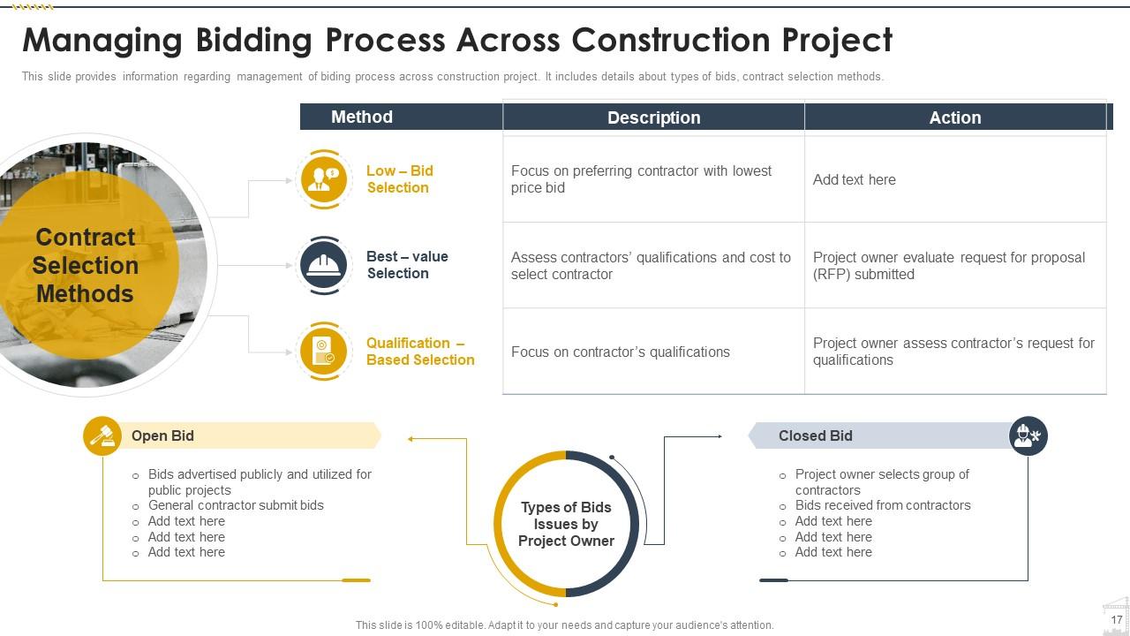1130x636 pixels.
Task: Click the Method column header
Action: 362,117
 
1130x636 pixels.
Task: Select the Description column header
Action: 653,117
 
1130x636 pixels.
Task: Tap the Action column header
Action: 955,117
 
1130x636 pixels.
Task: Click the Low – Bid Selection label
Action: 399,179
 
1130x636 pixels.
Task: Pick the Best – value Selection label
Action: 407,265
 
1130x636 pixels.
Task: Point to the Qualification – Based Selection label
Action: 420,352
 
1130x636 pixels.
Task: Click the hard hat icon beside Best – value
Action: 324,265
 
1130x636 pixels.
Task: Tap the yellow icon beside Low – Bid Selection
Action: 324,179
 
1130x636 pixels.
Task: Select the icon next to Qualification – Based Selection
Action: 324,351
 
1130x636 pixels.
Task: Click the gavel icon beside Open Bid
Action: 102,436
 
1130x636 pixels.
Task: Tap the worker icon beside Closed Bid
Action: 1028,435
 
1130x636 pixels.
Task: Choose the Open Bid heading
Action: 162,435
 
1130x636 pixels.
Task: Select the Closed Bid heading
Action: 815,435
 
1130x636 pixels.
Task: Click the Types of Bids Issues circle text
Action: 566,524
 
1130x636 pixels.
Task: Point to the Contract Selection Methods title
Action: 86,265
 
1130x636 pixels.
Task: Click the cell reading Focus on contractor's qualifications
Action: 621,352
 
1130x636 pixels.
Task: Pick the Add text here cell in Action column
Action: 854,179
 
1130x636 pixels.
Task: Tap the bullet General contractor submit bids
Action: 236,505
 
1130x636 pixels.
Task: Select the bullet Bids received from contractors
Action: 883,505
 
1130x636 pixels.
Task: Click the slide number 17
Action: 1116,620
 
